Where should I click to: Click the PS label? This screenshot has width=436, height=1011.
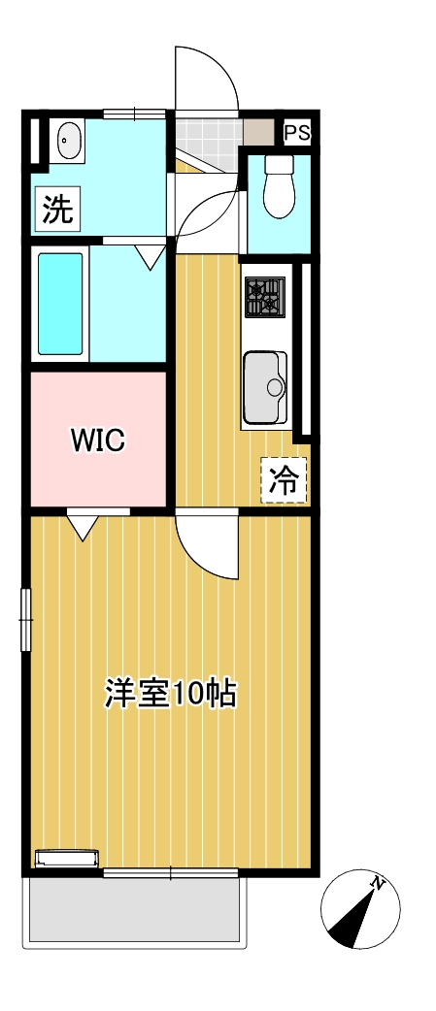tap(296, 133)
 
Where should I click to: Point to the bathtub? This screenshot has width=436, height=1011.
tap(60, 304)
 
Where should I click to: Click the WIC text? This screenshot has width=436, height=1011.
tap(97, 440)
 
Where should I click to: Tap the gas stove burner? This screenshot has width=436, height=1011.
tap(263, 297)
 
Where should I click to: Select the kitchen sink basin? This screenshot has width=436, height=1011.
tap(264, 387)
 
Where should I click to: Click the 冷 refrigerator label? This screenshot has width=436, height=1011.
tap(284, 479)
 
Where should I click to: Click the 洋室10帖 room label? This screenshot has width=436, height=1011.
tap(171, 693)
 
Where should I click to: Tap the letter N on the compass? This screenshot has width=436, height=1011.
tap(380, 884)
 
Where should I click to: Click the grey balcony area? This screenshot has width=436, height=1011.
tap(133, 912)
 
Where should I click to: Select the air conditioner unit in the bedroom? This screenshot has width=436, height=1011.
tap(67, 857)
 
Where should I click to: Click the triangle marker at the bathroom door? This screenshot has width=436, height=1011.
tap(150, 257)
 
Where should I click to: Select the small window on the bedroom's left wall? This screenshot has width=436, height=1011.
tap(26, 617)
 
